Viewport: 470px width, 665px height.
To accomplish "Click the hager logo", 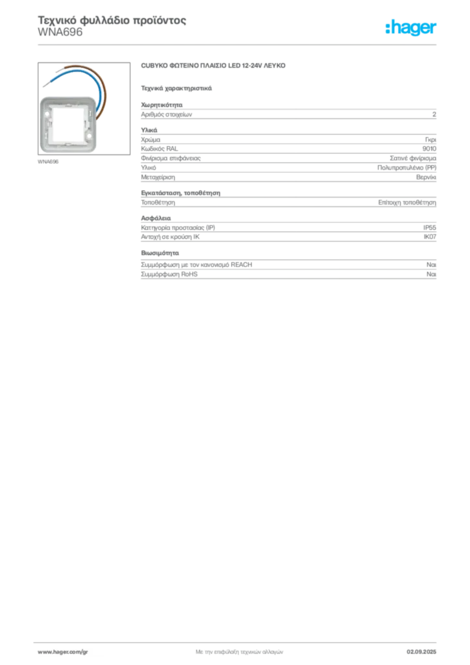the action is [411, 27].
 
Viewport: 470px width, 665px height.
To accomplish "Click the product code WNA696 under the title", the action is [60, 32].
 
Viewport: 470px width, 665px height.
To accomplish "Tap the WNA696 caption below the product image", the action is [48, 162].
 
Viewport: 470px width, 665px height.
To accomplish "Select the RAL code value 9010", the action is [429, 149].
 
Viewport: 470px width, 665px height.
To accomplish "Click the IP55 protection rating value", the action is [430, 228].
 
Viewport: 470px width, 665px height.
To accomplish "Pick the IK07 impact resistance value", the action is [430, 237].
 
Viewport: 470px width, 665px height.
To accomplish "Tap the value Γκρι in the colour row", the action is [430, 140].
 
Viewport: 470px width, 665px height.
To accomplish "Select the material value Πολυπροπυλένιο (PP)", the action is [407, 168].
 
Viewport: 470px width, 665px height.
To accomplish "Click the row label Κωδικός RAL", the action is [159, 149].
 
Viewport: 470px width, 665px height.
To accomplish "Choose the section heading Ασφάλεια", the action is [156, 218].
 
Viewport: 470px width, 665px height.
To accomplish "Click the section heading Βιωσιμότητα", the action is [160, 253].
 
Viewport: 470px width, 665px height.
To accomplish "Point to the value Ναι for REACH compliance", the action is [432, 265].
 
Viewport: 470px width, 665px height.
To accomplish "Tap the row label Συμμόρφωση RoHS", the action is [169, 275].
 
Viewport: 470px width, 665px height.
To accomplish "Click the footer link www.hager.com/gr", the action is [63, 652].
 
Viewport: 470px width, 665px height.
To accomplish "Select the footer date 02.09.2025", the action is [421, 652].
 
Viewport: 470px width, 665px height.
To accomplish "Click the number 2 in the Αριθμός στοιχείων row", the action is [434, 114].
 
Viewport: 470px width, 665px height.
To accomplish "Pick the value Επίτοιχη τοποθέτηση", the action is [407, 203].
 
